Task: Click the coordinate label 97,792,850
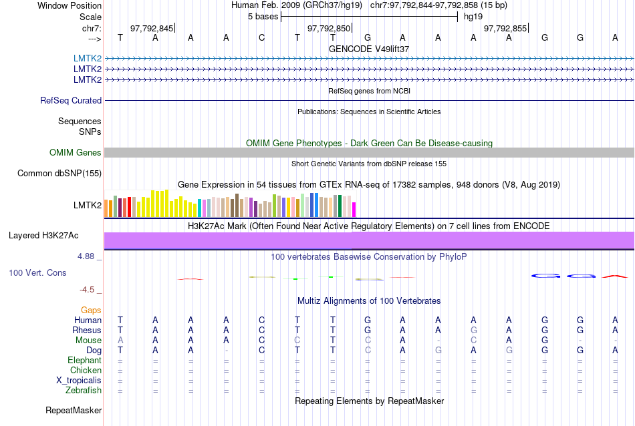tap(329, 28)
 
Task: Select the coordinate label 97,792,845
tap(152, 28)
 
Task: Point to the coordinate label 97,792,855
tap(505, 28)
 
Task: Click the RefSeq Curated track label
tap(71, 100)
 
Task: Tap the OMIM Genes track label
tap(76, 153)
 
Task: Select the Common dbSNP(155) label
tap(59, 174)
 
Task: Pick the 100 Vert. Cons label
tap(38, 273)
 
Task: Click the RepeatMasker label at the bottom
tap(74, 410)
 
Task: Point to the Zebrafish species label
tap(84, 391)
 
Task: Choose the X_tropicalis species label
tap(80, 381)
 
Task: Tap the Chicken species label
tap(86, 371)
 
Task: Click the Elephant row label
tap(85, 361)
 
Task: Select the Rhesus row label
tap(88, 330)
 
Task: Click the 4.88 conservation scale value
tap(88, 256)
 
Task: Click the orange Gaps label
tap(91, 310)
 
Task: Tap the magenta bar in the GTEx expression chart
tap(354, 209)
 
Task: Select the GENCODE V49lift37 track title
tap(369, 49)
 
